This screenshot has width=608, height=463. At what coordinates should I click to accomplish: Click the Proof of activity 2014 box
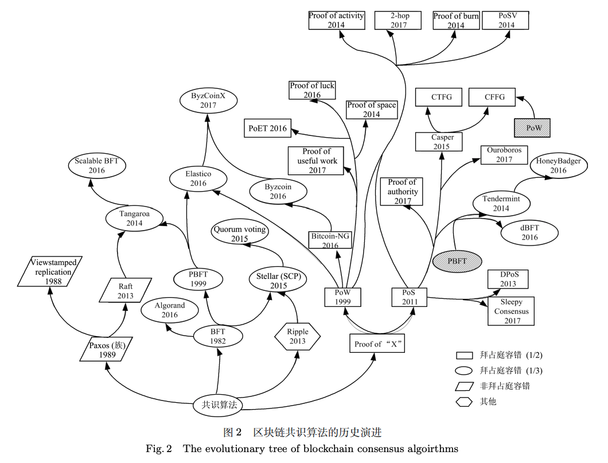click(x=336, y=20)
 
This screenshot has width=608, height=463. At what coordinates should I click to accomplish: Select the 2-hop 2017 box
click(x=398, y=20)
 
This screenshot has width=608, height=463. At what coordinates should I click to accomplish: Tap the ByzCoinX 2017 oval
click(x=208, y=101)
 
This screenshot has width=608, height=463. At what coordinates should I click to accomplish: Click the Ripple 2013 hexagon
click(x=298, y=336)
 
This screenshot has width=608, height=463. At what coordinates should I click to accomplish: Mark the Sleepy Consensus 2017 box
click(x=511, y=311)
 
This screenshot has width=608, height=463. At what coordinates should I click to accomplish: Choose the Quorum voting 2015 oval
click(x=240, y=234)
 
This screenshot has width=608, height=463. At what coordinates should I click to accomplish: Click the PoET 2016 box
click(x=267, y=129)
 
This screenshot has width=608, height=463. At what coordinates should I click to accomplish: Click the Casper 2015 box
click(x=442, y=142)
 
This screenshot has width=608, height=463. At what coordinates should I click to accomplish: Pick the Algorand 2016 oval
click(x=170, y=310)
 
